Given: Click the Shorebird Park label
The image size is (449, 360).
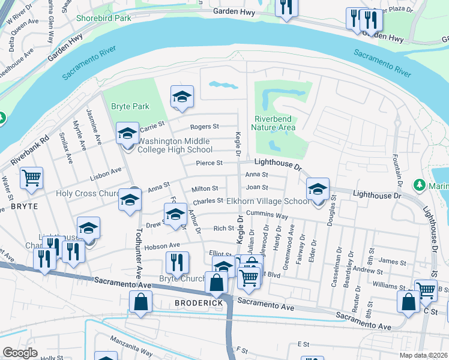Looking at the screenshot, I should tap(104, 18).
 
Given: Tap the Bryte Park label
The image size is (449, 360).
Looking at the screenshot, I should tap(130, 106).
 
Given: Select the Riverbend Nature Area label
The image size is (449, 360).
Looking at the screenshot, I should tap(274, 123).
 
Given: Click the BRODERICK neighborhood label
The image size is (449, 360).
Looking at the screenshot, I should tap(199, 303).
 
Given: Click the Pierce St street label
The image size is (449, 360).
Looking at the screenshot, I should tap(209, 163).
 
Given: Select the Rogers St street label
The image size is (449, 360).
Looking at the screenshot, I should tap(205, 127).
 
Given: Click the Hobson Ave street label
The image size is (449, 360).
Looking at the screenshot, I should tap(166, 245).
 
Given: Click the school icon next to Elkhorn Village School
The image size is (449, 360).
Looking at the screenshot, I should tap(318, 190).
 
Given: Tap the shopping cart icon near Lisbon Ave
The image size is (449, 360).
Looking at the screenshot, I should tap(31, 177).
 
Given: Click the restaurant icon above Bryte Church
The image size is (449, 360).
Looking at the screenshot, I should tap(177, 262).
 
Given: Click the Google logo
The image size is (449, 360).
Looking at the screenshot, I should tap(20, 353).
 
